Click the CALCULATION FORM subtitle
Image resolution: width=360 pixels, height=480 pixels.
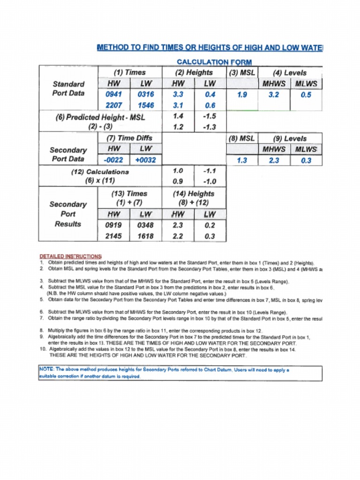pyautogui.click(x=214, y=62)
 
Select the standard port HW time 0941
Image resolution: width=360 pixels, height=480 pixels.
pyautogui.click(x=113, y=95)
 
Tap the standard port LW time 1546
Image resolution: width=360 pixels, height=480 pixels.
pyautogui.click(x=146, y=105)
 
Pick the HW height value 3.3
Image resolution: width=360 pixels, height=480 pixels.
pyautogui.click(x=178, y=95)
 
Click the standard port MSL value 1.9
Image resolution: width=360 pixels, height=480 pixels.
pyautogui.click(x=242, y=95)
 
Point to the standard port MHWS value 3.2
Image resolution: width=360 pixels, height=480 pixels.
pyautogui.click(x=274, y=95)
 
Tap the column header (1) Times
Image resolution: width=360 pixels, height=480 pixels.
pyautogui.click(x=129, y=73)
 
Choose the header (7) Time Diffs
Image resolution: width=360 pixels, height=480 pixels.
pyautogui.click(x=129, y=138)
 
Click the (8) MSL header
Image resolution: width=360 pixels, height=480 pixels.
pyautogui.click(x=242, y=139)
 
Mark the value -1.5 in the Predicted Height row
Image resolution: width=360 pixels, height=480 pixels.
pyautogui.click(x=210, y=116)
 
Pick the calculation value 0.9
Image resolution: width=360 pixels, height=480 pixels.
pyautogui.click(x=178, y=181)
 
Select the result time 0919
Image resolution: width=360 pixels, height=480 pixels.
pyautogui.click(x=113, y=225)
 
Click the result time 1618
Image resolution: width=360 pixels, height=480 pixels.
pyautogui.click(x=145, y=236)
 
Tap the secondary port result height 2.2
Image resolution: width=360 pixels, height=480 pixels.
pyautogui.click(x=178, y=236)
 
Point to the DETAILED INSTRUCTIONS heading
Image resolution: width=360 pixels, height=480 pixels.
pyautogui.click(x=70, y=256)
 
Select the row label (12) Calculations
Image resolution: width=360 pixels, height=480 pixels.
pyautogui.click(x=99, y=172)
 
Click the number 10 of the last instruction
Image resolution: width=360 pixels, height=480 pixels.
pyautogui.click(x=43, y=349)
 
